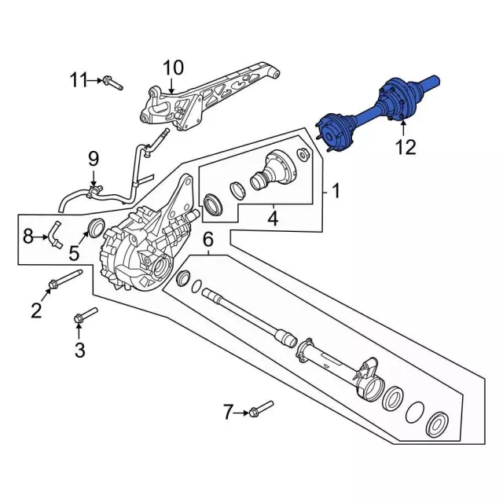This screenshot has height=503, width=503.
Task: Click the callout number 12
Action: [406, 147]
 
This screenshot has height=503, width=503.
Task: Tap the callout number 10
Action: [172, 67]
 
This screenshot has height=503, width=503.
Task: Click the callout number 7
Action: [229, 411]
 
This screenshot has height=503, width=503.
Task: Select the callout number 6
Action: [208, 240]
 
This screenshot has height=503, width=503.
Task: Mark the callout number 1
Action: [336, 190]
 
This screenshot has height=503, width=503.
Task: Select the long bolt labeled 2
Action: [66, 279]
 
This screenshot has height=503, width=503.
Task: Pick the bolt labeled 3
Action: [86, 315]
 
